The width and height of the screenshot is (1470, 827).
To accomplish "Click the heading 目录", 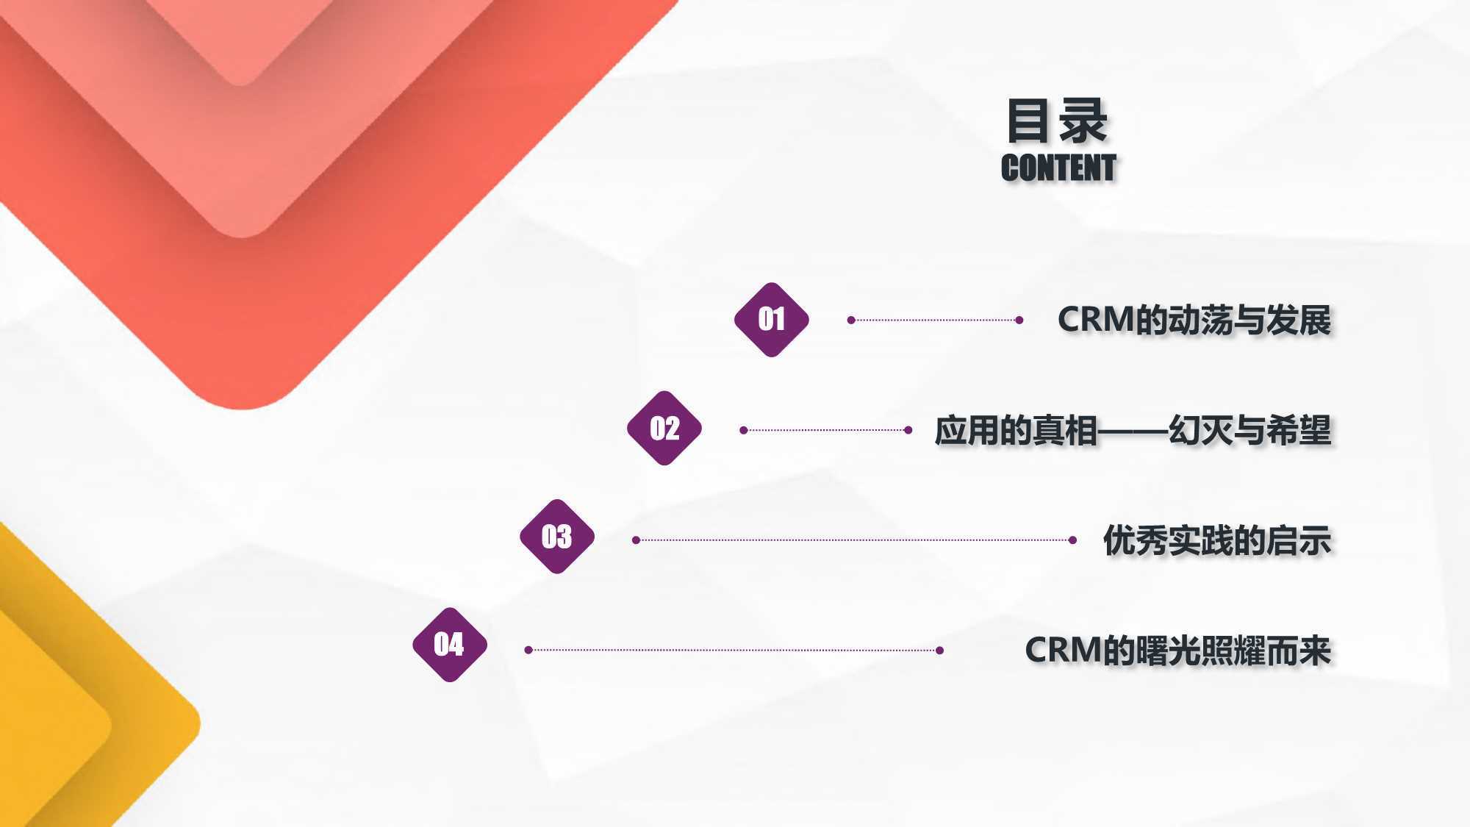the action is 1056,121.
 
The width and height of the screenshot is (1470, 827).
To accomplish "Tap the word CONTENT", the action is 1058,168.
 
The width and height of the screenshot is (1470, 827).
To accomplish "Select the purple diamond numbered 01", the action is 772,320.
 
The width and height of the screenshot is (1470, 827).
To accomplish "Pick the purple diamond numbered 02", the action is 664,428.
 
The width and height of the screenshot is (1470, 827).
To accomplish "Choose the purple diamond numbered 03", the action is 557,537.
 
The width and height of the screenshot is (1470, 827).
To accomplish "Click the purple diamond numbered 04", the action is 450,645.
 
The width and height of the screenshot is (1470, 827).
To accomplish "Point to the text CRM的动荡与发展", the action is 1194,321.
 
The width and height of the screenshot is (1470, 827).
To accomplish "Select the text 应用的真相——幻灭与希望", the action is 1133,431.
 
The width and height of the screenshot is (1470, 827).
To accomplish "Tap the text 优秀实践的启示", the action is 1217,540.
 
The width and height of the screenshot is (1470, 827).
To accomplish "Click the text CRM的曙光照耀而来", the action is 1178,651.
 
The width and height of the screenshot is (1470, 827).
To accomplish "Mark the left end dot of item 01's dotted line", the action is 851,320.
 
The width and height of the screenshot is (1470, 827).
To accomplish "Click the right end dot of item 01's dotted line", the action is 1019,320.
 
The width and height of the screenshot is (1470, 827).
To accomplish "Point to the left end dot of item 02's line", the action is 744,430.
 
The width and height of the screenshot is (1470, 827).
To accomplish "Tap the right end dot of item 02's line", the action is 908,430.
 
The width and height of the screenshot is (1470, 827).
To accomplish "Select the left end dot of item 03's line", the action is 637,540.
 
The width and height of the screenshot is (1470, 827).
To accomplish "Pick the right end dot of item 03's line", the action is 1073,540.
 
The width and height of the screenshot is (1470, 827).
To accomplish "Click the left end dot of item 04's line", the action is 528,650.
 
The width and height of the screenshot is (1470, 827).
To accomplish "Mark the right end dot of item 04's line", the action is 940,650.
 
